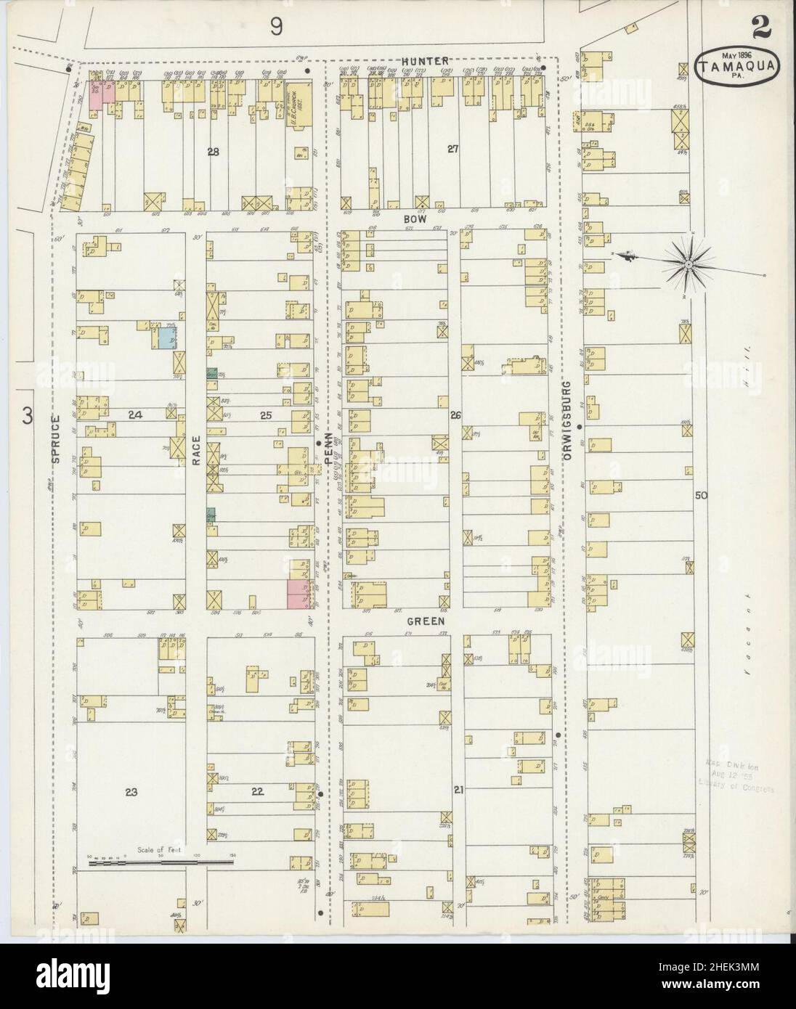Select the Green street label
[426, 621]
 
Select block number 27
[453, 150]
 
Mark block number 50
[700, 496]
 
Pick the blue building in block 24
[168, 337]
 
